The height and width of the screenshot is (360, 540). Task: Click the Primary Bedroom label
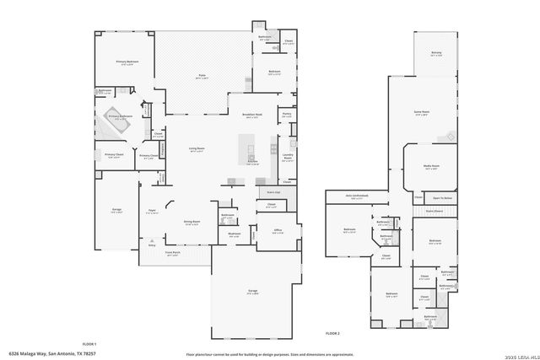tap(127, 62)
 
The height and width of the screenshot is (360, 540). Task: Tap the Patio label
tap(202, 76)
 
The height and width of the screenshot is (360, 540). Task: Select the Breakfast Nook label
tap(251, 116)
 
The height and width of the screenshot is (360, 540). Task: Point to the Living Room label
tap(196, 149)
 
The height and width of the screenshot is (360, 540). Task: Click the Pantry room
tap(287, 116)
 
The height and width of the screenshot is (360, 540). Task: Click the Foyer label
tap(153, 211)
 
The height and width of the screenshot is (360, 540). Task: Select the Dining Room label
tap(192, 222)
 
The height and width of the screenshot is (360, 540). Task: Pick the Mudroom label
tap(235, 234)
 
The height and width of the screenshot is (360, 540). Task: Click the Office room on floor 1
tap(278, 232)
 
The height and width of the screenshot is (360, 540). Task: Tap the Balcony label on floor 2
tap(436, 53)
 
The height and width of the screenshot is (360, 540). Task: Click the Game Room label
tap(422, 112)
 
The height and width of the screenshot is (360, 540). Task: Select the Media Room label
tap(430, 167)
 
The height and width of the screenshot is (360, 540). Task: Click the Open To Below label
tap(443, 198)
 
